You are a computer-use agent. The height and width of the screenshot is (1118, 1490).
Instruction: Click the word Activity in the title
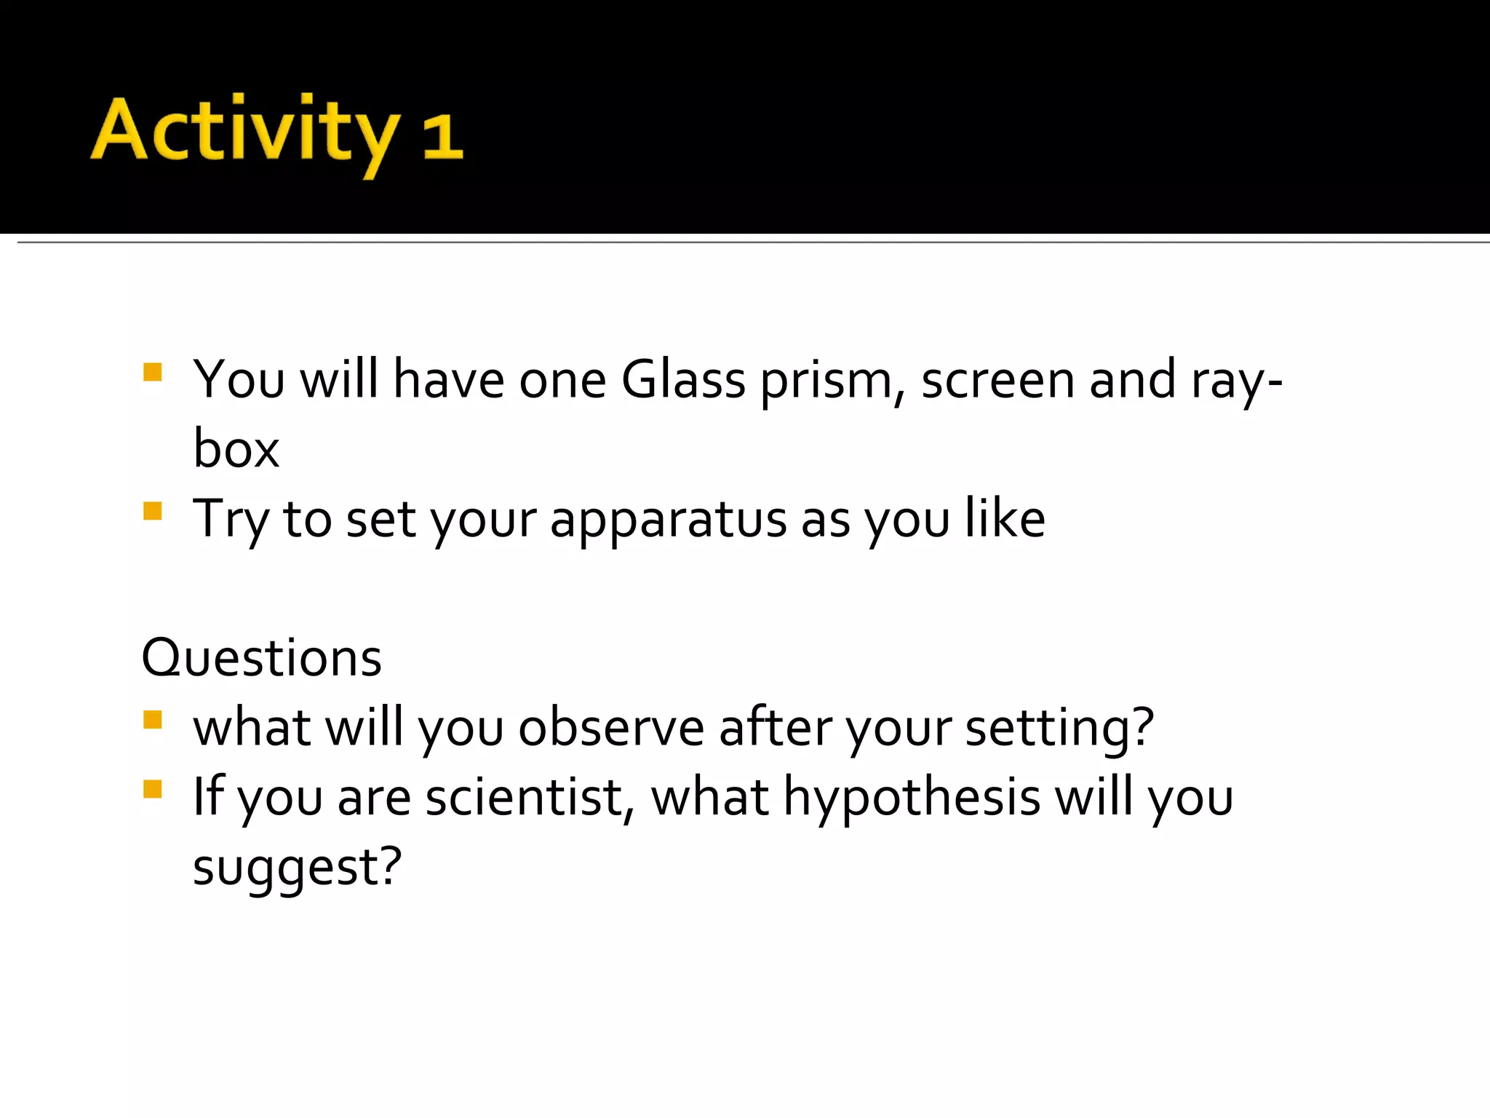tap(245, 131)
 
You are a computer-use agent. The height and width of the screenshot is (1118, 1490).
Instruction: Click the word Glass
tap(683, 380)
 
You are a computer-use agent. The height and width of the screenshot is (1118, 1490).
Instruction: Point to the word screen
tap(997, 380)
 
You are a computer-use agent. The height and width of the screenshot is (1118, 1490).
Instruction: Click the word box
tap(236, 449)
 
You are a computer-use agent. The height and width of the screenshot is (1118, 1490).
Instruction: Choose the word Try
tap(231, 520)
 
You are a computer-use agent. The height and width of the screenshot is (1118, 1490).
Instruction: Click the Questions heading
tap(261, 658)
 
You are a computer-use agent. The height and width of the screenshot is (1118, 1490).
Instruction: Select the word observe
tap(611, 728)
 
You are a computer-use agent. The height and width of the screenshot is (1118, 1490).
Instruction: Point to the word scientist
tap(529, 798)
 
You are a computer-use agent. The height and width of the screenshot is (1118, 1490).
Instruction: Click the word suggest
tap(297, 868)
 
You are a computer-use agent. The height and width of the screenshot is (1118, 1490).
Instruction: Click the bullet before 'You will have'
tap(153, 373)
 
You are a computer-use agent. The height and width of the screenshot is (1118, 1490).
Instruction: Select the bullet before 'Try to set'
tap(153, 511)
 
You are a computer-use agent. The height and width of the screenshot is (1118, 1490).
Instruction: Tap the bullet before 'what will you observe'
tap(153, 720)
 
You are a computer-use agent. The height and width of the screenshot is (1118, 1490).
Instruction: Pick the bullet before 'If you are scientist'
tap(153, 789)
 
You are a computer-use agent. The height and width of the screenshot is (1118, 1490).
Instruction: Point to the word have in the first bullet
tap(448, 380)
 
